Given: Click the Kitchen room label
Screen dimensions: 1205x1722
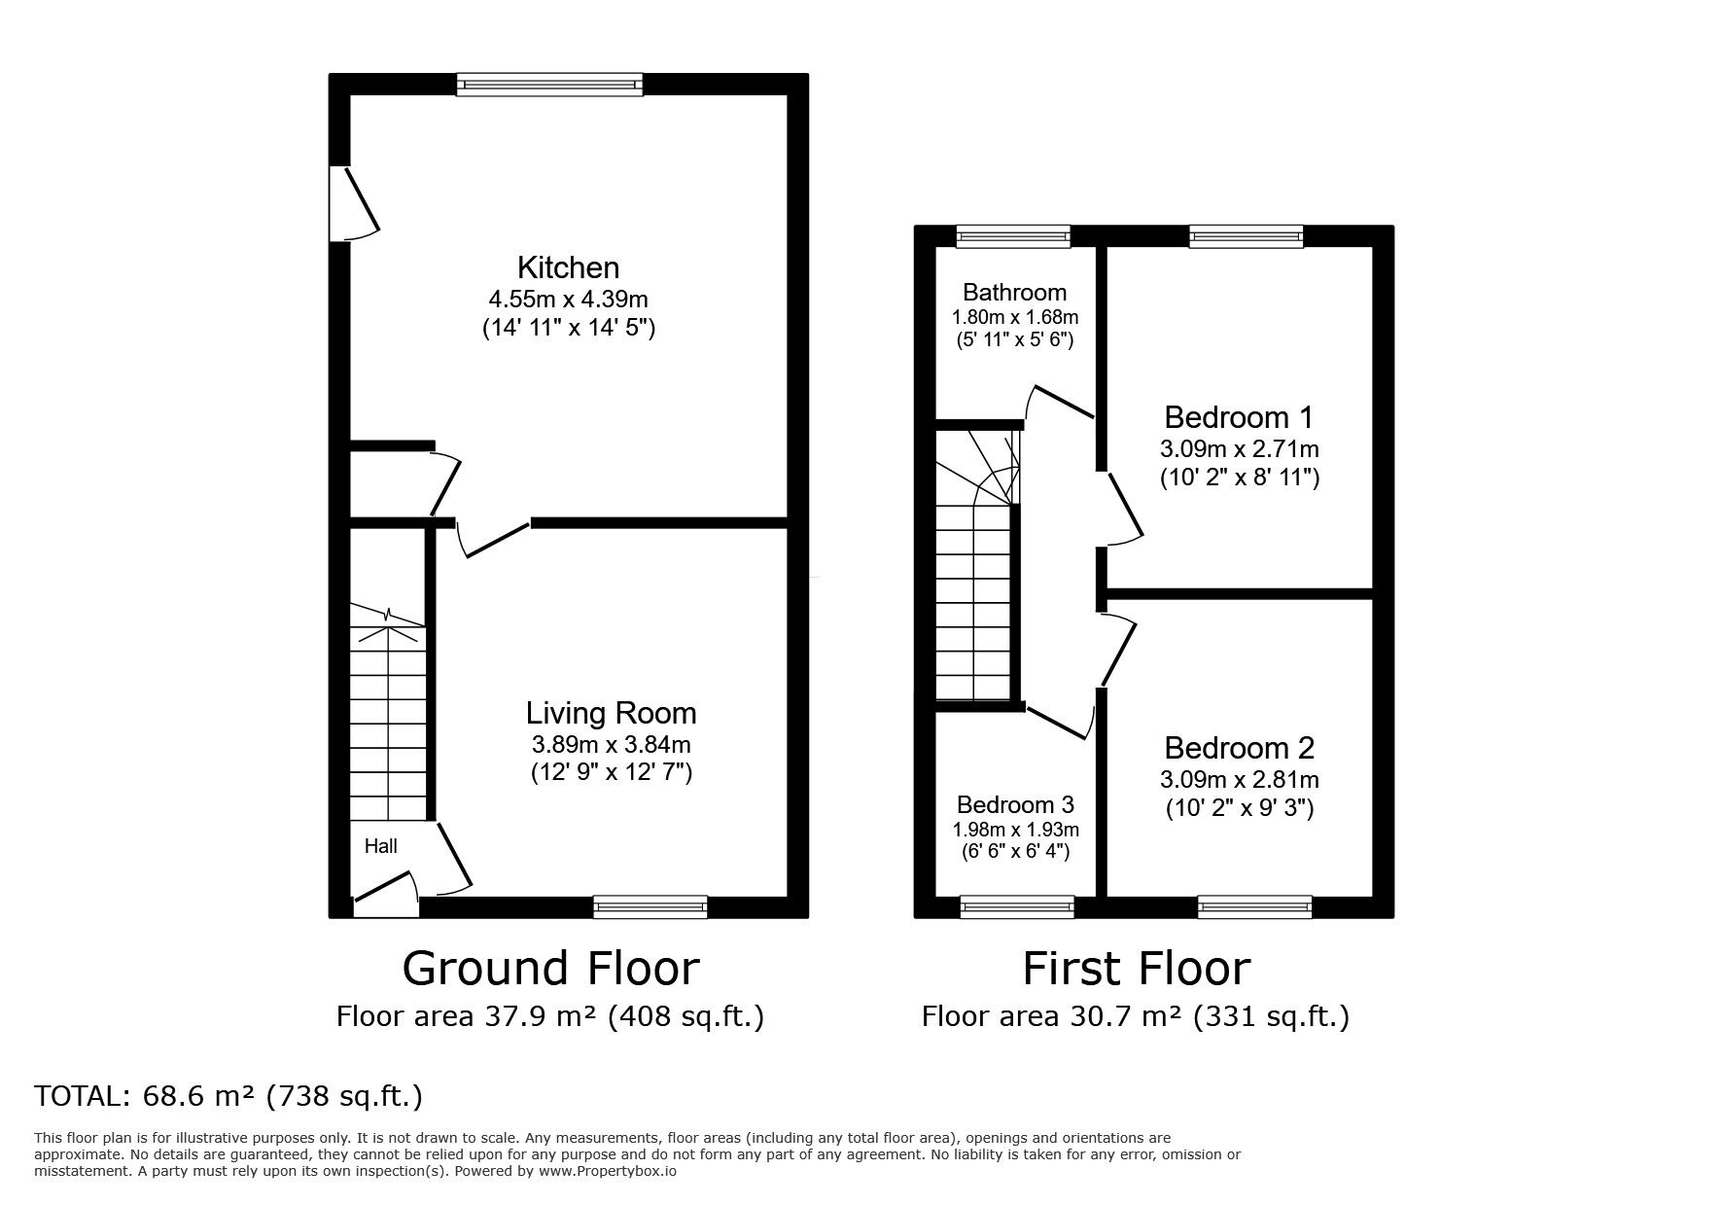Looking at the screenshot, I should [x=568, y=267].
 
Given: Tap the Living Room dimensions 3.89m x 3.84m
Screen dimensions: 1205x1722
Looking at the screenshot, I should [x=611, y=745].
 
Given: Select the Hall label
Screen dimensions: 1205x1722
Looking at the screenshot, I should [x=380, y=846].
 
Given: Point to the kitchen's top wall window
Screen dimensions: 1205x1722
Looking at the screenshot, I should [x=550, y=85].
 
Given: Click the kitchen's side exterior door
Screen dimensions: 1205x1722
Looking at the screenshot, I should [x=352, y=202].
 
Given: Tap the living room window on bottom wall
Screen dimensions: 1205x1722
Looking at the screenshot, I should [x=650, y=907].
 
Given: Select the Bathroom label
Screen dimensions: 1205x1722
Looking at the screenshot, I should [x=1014, y=293].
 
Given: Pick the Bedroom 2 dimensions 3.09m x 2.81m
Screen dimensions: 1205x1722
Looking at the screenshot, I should [x=1239, y=780].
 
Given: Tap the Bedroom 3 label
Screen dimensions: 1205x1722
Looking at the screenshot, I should [x=1015, y=805].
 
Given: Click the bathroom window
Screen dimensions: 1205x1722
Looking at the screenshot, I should [x=1012, y=235].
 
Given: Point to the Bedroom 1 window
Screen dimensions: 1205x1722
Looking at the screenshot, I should [x=1246, y=235].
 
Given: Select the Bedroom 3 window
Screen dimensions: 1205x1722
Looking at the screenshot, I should [x=1017, y=907].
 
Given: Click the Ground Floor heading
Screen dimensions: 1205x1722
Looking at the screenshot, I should [x=550, y=969].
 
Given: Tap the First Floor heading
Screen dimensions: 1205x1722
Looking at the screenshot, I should [x=1136, y=969].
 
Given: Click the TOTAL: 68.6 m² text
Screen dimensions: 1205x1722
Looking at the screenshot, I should [x=228, y=1097].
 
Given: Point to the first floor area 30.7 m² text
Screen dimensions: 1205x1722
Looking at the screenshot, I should [x=1135, y=1017].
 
